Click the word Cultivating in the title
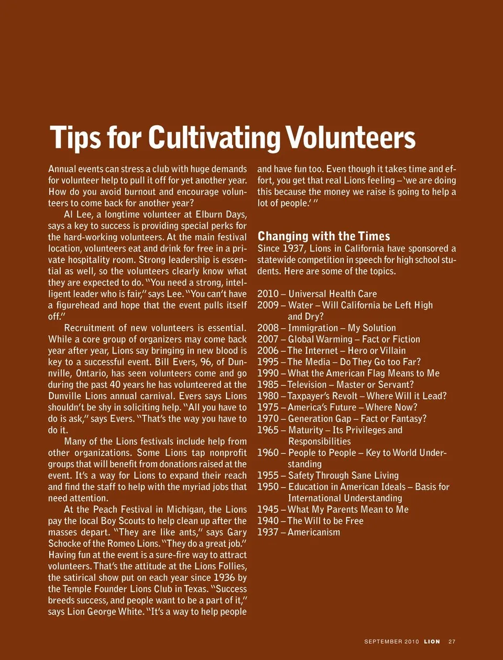(x=215, y=138)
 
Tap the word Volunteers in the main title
(x=351, y=137)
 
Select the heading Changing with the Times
(x=324, y=236)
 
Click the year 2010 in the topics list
(x=268, y=294)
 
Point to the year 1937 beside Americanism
(x=268, y=532)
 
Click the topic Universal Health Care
(x=332, y=294)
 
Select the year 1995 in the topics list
(x=268, y=362)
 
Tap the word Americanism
(x=314, y=532)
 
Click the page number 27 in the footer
(x=452, y=641)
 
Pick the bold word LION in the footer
(x=432, y=641)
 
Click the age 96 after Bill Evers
(x=206, y=362)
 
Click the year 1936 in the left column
(x=224, y=578)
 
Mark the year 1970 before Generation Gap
(x=268, y=419)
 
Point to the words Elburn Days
(x=221, y=215)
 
